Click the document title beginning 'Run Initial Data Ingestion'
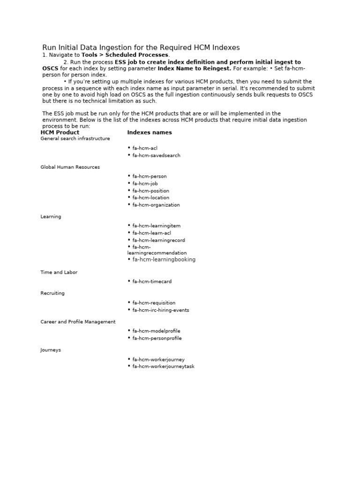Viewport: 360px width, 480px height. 141,47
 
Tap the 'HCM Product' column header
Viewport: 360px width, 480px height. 60,133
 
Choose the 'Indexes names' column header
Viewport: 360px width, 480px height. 150,133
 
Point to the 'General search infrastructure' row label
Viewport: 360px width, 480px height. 75,139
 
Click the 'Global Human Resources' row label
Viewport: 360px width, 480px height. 70,167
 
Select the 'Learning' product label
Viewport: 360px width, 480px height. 51,217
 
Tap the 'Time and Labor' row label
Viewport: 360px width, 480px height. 59,272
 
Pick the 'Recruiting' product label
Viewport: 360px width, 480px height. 52,293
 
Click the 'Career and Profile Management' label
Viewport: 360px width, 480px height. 78,322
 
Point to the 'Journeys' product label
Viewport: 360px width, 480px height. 51,350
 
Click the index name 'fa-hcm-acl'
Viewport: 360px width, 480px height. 145,148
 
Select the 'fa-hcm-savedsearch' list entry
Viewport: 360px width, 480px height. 156,156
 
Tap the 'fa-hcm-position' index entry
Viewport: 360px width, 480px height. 150,191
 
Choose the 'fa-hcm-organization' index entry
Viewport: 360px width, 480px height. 156,205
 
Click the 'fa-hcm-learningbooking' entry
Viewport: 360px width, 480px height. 164,260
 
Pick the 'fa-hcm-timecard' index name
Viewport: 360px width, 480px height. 152,282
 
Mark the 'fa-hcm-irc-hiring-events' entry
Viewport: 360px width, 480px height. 161,310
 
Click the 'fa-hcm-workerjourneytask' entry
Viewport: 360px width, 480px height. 163,367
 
